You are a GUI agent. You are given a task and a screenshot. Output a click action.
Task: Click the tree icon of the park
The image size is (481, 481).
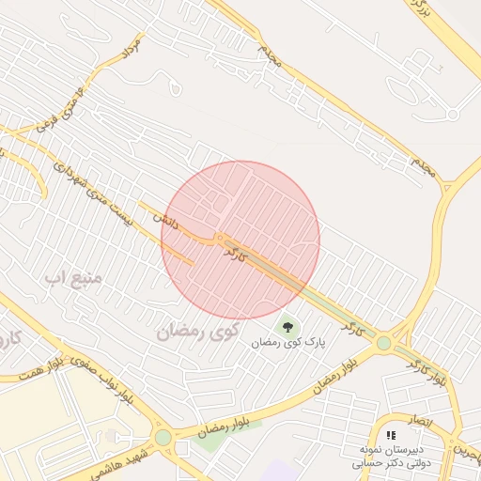pyautogui.click(x=288, y=328)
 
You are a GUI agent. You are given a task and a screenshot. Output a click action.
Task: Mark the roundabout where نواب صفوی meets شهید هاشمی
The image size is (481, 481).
pyautogui.click(x=163, y=437)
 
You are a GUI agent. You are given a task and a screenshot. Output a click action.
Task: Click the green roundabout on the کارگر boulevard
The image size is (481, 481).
pyautogui.click(x=383, y=344)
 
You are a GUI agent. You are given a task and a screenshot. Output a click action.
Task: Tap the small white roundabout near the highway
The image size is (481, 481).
pyautogui.click(x=453, y=115)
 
